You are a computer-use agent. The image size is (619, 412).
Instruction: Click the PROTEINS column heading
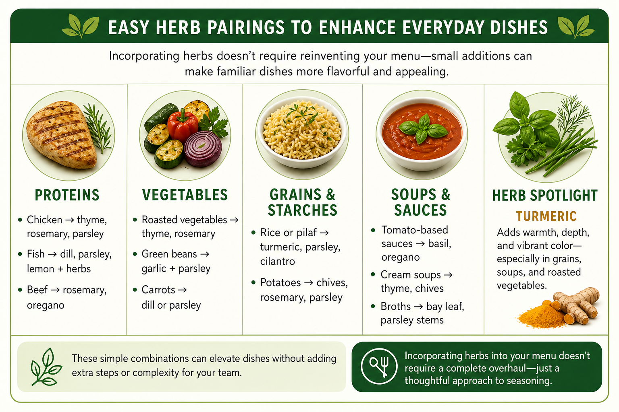(x=67, y=195)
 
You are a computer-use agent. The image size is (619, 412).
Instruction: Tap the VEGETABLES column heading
(x=185, y=195)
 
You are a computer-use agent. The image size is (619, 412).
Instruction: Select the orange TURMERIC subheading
(x=546, y=216)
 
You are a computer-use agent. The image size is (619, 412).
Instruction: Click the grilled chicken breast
(x=61, y=135)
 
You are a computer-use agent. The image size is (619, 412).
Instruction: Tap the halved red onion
(x=203, y=149)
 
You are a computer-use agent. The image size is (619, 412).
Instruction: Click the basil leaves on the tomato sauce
(x=422, y=128)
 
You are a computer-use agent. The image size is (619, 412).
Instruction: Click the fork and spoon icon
(x=379, y=366)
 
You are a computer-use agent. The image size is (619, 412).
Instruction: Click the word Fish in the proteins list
(x=35, y=254)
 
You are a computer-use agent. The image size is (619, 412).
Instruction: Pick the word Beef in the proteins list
(x=37, y=290)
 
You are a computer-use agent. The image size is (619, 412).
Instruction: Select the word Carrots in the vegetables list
(x=158, y=290)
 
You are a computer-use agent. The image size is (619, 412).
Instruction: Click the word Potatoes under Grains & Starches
(x=280, y=282)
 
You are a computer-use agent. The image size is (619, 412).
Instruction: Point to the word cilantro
(x=277, y=261)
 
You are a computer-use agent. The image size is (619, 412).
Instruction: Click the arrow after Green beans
(x=205, y=254)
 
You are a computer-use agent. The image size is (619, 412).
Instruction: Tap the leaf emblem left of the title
(x=81, y=26)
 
